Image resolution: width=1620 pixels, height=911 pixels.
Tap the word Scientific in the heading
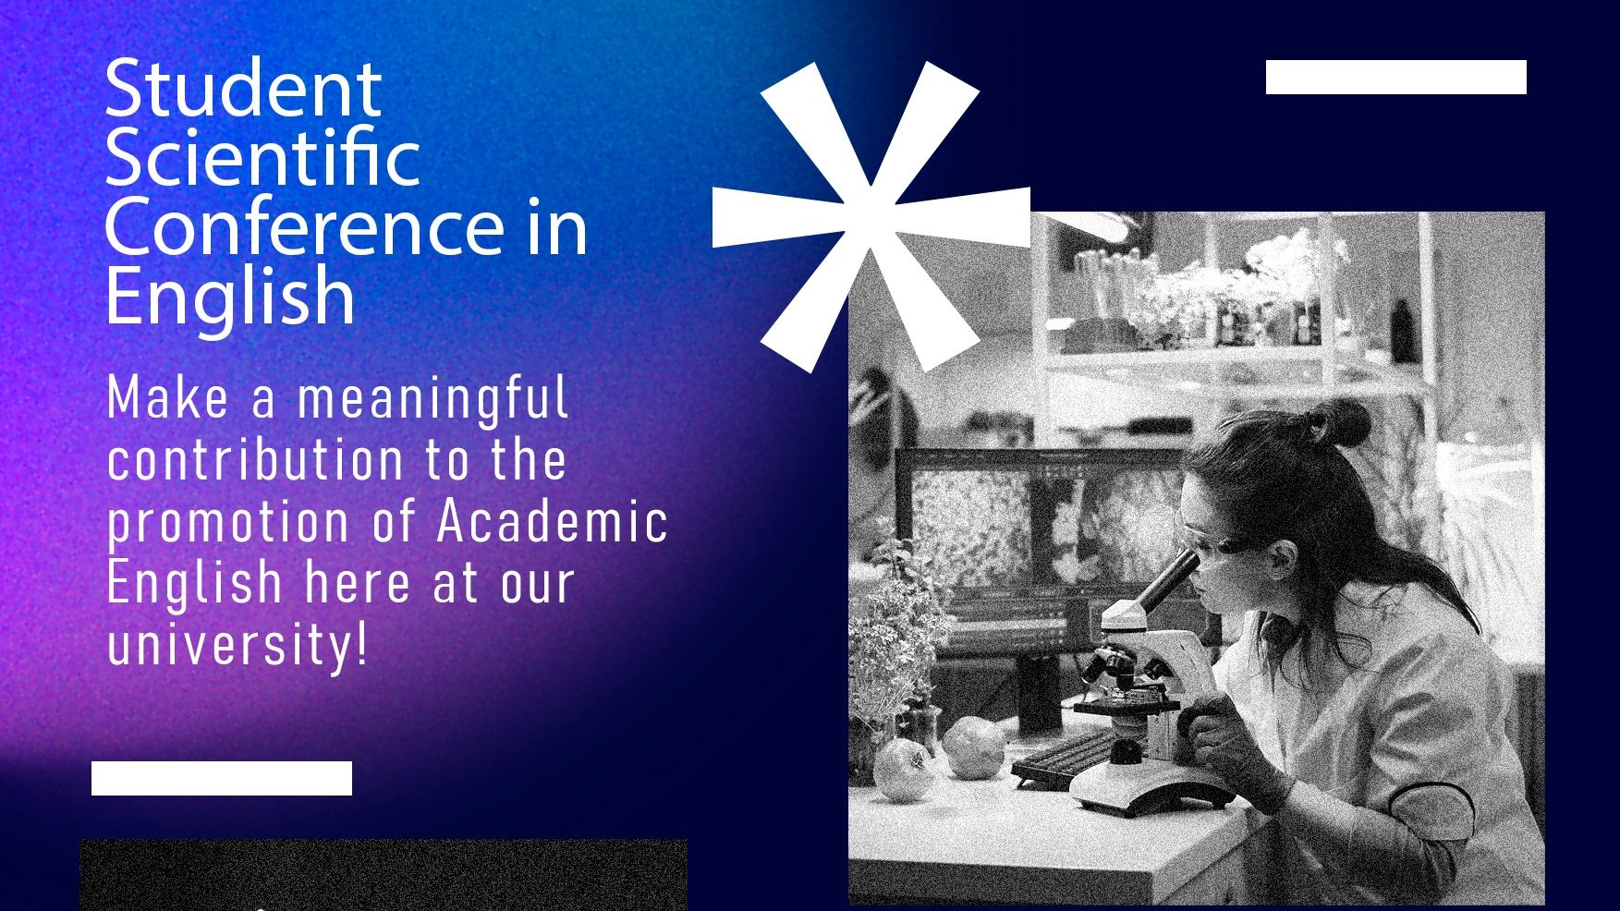tap(262, 157)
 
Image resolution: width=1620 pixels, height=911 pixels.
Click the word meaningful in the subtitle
tap(432, 398)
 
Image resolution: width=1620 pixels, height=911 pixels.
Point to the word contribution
tap(256, 459)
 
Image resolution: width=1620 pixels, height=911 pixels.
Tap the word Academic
tap(553, 520)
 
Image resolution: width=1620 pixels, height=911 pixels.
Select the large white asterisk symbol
tap(871, 216)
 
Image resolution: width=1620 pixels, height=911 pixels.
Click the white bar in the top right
tap(1395, 78)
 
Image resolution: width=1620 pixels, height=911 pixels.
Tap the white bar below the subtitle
tap(222, 778)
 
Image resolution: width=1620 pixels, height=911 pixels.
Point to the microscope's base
tap(1151, 791)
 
